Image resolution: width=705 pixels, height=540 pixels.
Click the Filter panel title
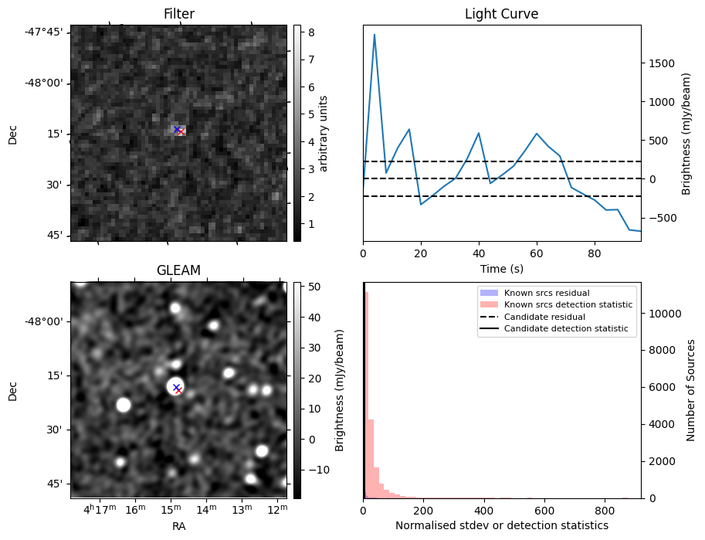point(178,14)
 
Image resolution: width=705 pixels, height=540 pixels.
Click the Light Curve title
point(501,14)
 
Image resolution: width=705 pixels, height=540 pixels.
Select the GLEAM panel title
point(178,270)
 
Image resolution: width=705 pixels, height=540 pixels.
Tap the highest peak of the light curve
point(375,35)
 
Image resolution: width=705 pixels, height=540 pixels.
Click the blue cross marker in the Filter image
point(177,129)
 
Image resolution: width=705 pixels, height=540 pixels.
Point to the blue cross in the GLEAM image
point(176,387)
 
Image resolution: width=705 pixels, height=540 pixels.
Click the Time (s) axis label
point(501,268)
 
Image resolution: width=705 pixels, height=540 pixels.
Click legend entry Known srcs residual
point(547,294)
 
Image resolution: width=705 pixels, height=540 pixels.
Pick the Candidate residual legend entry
point(546,318)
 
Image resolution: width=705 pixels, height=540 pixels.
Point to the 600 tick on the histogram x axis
point(544,511)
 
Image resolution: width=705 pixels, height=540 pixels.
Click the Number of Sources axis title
point(692,390)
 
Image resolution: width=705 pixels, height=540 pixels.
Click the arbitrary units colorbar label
point(324,133)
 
